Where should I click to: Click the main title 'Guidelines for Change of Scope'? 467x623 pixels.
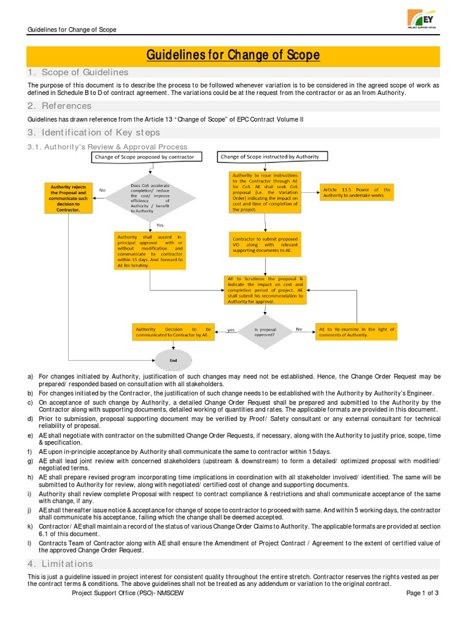233,55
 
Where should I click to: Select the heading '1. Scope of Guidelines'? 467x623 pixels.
78,72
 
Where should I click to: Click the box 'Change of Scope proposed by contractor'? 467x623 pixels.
144,157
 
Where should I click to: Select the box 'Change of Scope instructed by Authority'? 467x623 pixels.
269,157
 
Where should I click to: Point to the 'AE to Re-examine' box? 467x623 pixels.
356,332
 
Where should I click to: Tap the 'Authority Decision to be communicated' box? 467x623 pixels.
174,332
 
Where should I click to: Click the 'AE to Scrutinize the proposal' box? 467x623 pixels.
266,290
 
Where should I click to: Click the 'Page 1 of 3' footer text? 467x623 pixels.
421,593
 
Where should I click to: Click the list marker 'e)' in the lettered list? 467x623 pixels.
30,436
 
